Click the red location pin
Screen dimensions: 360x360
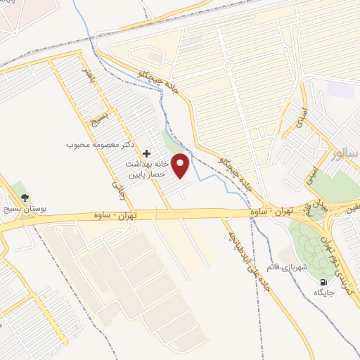tap(181, 165)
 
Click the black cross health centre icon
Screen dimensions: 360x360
tap(146, 153)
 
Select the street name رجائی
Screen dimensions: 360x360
tap(117, 184)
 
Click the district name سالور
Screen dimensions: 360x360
tap(346, 153)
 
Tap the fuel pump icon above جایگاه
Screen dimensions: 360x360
tap(323, 282)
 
